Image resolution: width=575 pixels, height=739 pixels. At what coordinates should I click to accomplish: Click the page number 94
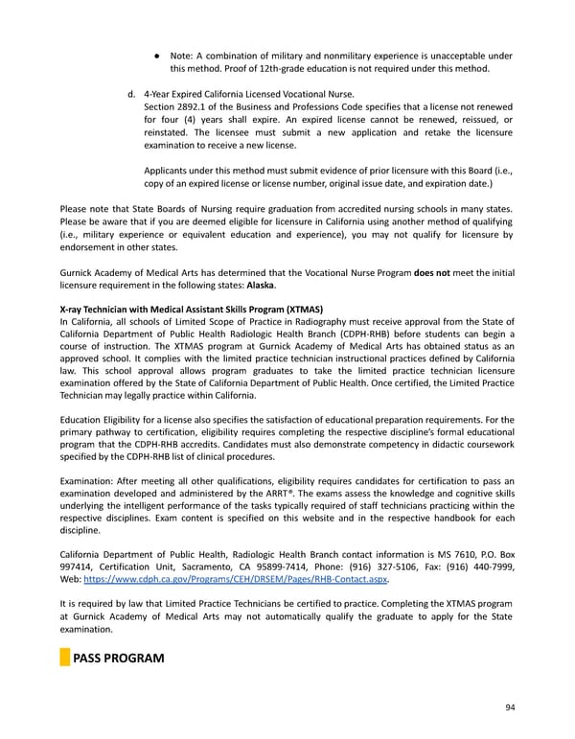pyautogui.click(x=509, y=706)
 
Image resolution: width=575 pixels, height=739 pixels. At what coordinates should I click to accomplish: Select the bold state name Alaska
pyautogui.click(x=262, y=286)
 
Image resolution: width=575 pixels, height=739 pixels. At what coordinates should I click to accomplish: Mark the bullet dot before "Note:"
pyautogui.click(x=154, y=54)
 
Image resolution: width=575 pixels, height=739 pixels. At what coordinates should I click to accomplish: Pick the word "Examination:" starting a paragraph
pyautogui.click(x=88, y=477)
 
